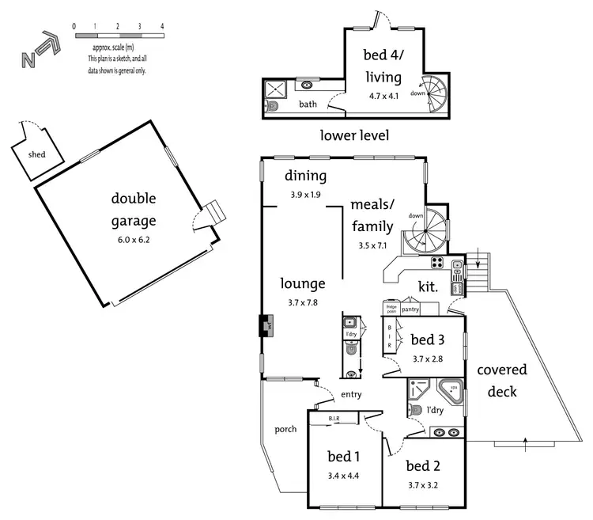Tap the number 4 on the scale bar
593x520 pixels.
161,26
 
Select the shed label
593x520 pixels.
36,154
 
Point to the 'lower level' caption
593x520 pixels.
354,135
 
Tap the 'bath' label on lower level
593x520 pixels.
308,104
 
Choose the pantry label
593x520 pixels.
410,310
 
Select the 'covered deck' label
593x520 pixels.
502,381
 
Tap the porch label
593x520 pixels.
285,429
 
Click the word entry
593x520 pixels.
352,394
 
